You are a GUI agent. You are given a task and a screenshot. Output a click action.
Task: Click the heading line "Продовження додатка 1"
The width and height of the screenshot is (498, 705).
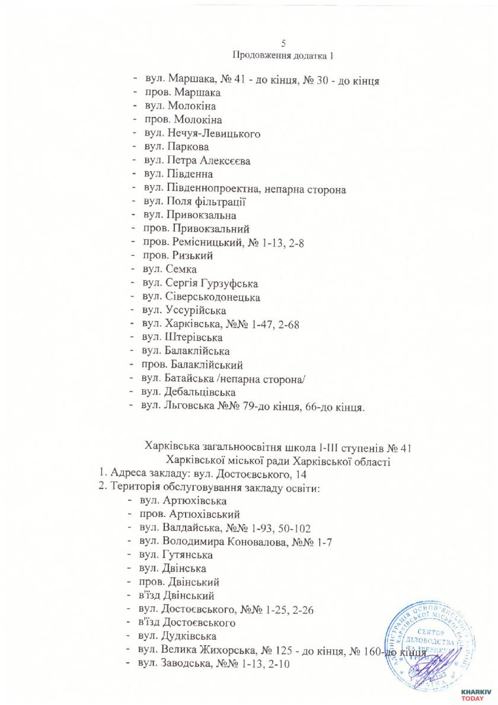284,55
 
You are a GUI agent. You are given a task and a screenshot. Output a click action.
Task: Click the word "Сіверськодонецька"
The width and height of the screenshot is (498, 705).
214,296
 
